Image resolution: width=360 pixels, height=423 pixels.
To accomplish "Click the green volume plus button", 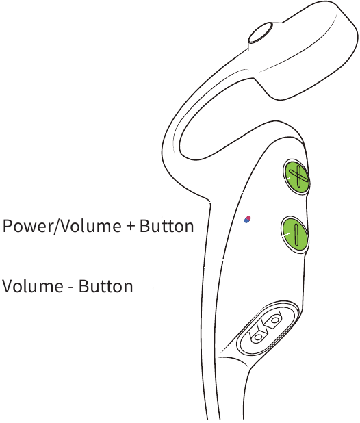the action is click(296, 177).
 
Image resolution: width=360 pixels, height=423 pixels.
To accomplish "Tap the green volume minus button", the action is click(294, 235).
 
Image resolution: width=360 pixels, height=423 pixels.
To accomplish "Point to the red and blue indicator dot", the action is click(247, 219).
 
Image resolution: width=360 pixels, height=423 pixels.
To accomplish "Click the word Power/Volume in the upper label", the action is click(62, 226).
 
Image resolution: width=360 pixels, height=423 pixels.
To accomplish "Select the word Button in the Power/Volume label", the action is click(166, 226).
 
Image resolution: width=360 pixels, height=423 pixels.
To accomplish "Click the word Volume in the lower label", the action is click(33, 286).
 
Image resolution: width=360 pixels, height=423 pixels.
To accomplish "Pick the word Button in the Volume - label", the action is click(105, 286).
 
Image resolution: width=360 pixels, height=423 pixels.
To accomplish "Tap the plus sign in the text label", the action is click(130, 227).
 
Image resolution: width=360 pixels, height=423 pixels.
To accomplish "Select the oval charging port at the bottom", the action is click(267, 329).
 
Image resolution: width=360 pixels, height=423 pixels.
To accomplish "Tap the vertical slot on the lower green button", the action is click(296, 235).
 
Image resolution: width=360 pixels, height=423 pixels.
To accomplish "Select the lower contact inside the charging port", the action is click(258, 336).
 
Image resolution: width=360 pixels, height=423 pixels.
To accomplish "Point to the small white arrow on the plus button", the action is click(286, 179).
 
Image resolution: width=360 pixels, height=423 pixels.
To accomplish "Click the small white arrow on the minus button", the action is click(286, 235).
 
